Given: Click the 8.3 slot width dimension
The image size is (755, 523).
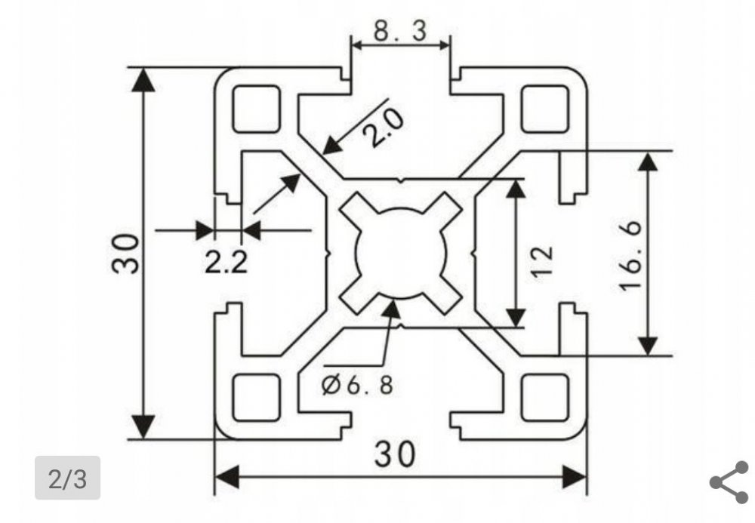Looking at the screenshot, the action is point(400,31).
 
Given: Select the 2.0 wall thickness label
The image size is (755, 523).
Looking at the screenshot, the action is point(384,127).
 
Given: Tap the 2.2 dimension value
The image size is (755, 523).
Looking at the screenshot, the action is point(226,263).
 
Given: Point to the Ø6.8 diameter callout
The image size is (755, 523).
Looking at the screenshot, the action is point(357,385).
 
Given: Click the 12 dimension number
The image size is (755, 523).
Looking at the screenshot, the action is point(543,261).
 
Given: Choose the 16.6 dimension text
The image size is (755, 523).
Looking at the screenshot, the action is point(630,256).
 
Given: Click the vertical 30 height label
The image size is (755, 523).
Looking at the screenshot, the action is point(125,254).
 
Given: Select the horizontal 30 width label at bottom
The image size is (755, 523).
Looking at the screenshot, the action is point(394,454).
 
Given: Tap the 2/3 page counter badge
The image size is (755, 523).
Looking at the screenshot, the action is point(67,478).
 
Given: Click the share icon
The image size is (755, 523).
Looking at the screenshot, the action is point(730,482).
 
